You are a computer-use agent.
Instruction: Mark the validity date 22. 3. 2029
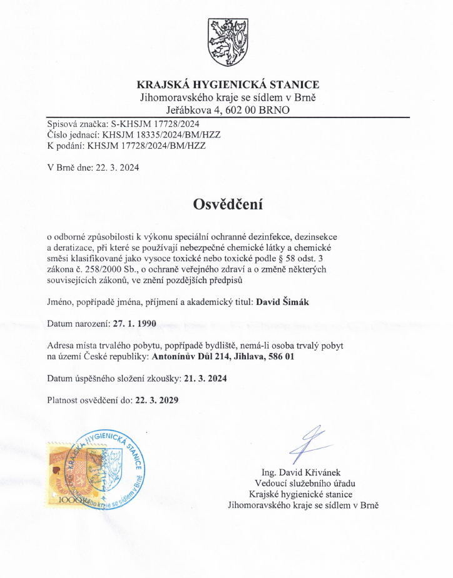click(156, 401)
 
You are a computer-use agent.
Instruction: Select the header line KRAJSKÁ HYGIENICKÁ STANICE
click(227, 85)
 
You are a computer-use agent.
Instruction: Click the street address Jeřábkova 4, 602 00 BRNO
click(227, 110)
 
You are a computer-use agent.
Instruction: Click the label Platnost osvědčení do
click(89, 401)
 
